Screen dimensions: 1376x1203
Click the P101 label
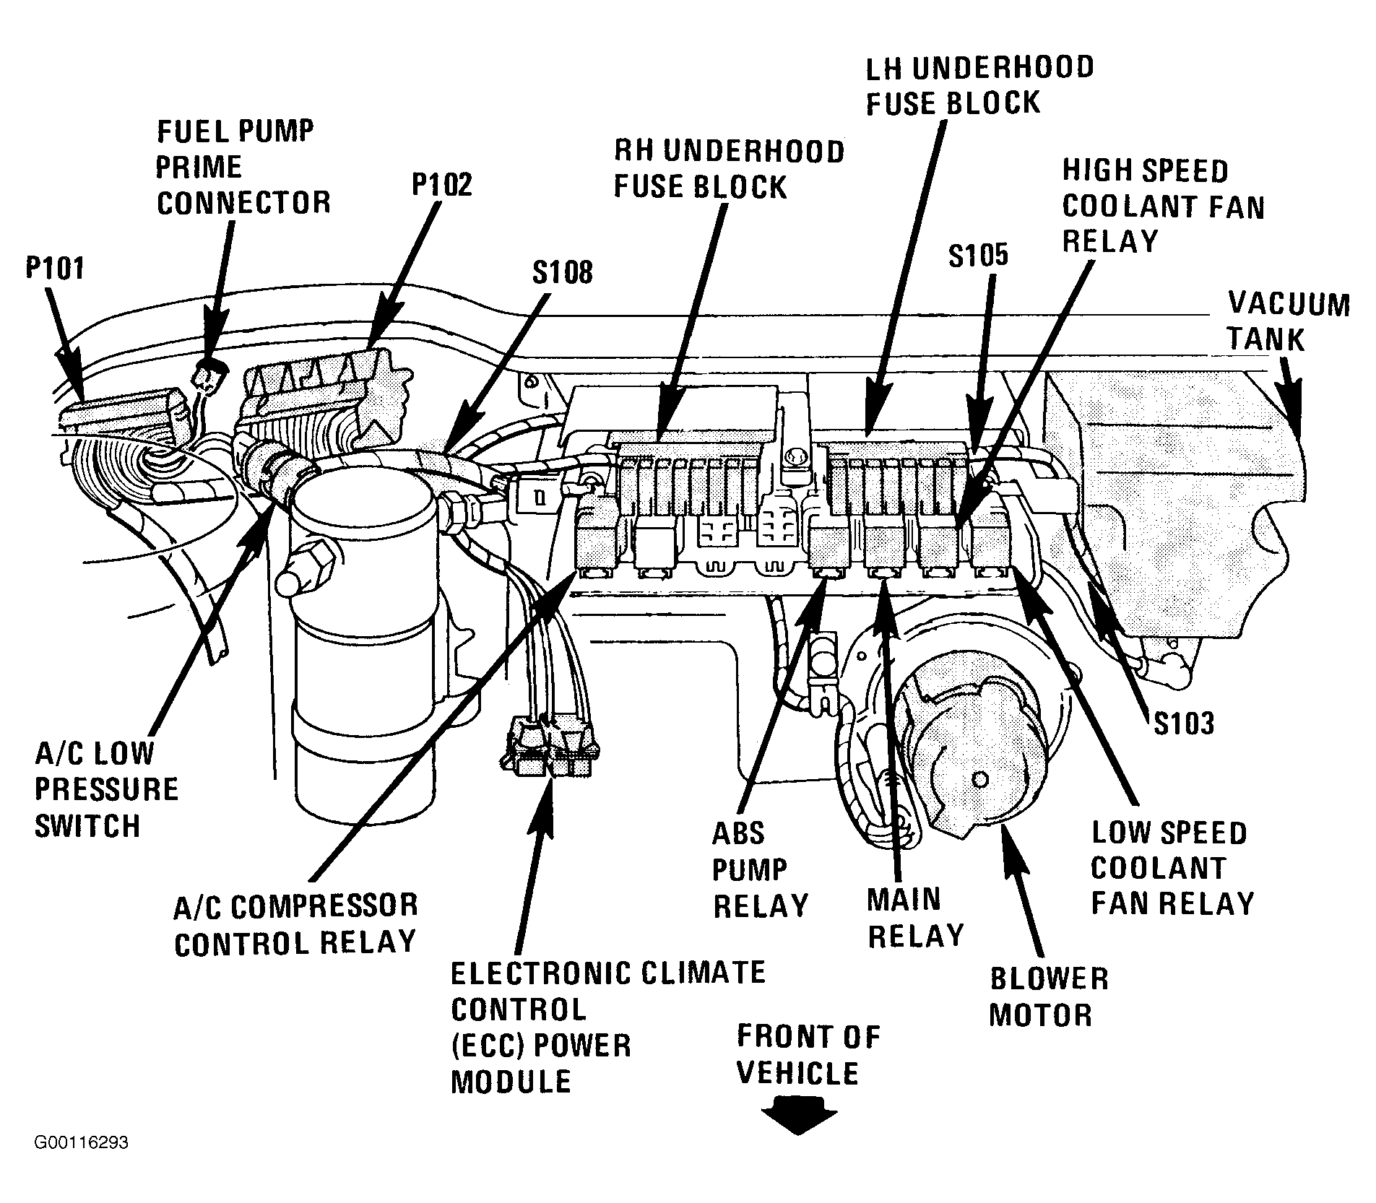coord(55,269)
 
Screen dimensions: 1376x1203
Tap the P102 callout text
coord(442,184)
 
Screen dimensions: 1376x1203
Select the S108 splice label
coord(563,272)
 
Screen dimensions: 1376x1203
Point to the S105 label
coord(978,256)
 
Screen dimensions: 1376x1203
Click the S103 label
coord(1184,723)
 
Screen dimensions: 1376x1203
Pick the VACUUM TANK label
coord(1289,321)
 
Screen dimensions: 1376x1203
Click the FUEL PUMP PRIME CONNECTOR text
coord(243,168)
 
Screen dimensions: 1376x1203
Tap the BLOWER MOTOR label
coord(1048,997)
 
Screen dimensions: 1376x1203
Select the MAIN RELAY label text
coord(915,918)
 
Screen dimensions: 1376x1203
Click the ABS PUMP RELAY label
coord(760,869)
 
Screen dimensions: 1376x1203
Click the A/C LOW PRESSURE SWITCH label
coord(106,790)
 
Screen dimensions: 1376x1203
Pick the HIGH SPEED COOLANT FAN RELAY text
coord(1163,207)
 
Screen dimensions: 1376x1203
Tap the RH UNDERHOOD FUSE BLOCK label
coord(729,169)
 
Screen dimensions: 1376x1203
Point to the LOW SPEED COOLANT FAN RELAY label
coord(1172,868)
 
